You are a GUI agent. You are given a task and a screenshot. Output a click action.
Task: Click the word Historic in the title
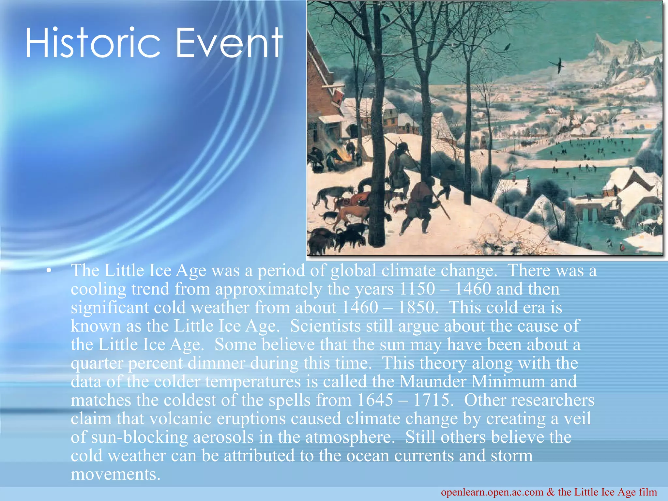pyautogui.click(x=93, y=43)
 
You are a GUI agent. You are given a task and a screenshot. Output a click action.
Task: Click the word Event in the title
pyautogui.click(x=228, y=43)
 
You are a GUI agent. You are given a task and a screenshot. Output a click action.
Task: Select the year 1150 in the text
pyautogui.click(x=417, y=289)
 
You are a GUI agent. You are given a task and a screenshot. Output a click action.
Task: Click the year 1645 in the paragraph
pyautogui.click(x=375, y=400)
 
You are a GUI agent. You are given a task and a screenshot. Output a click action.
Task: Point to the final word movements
pyautogui.click(x=115, y=475)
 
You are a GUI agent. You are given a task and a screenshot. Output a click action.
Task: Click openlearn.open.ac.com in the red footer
pyautogui.click(x=492, y=492)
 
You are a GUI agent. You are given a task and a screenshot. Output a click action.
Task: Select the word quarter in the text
pyautogui.click(x=97, y=364)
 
